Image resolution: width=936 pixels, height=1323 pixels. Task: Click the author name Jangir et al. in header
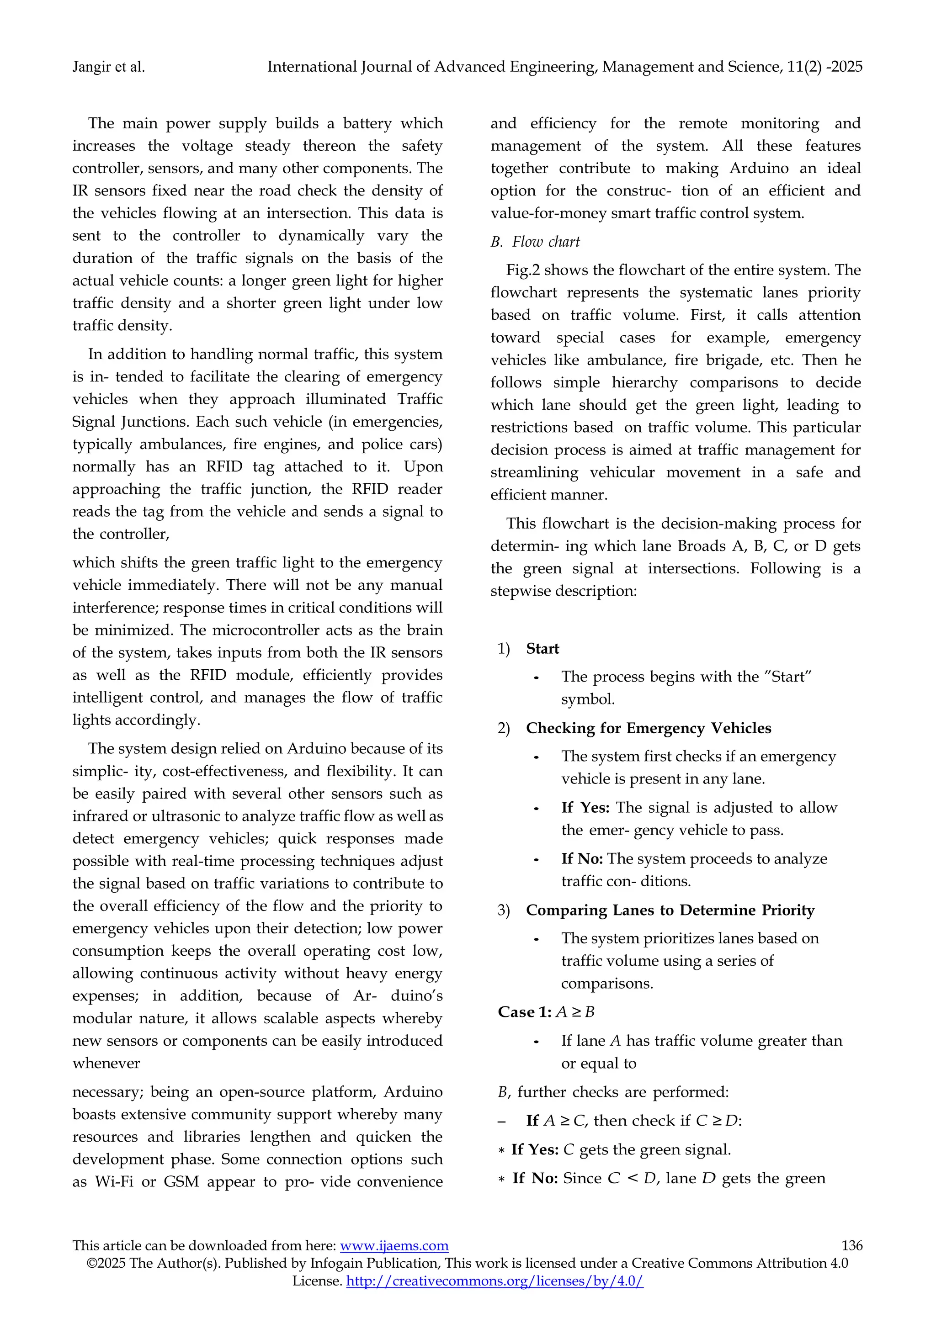[108, 68]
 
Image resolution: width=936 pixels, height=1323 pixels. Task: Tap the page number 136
[852, 1246]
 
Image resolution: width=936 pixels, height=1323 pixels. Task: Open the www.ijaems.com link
[394, 1246]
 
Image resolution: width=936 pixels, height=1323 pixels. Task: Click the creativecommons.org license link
[495, 1281]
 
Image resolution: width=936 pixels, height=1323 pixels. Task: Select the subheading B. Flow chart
[536, 242]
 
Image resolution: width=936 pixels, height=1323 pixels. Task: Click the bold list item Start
[542, 649]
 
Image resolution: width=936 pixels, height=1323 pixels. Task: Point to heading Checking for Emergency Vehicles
[649, 728]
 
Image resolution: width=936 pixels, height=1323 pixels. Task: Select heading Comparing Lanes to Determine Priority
[670, 910]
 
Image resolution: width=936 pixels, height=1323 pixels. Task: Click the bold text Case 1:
[525, 1012]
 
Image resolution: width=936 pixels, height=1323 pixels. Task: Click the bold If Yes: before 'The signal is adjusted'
[585, 808]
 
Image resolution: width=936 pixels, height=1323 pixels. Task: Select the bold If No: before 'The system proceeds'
[582, 859]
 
